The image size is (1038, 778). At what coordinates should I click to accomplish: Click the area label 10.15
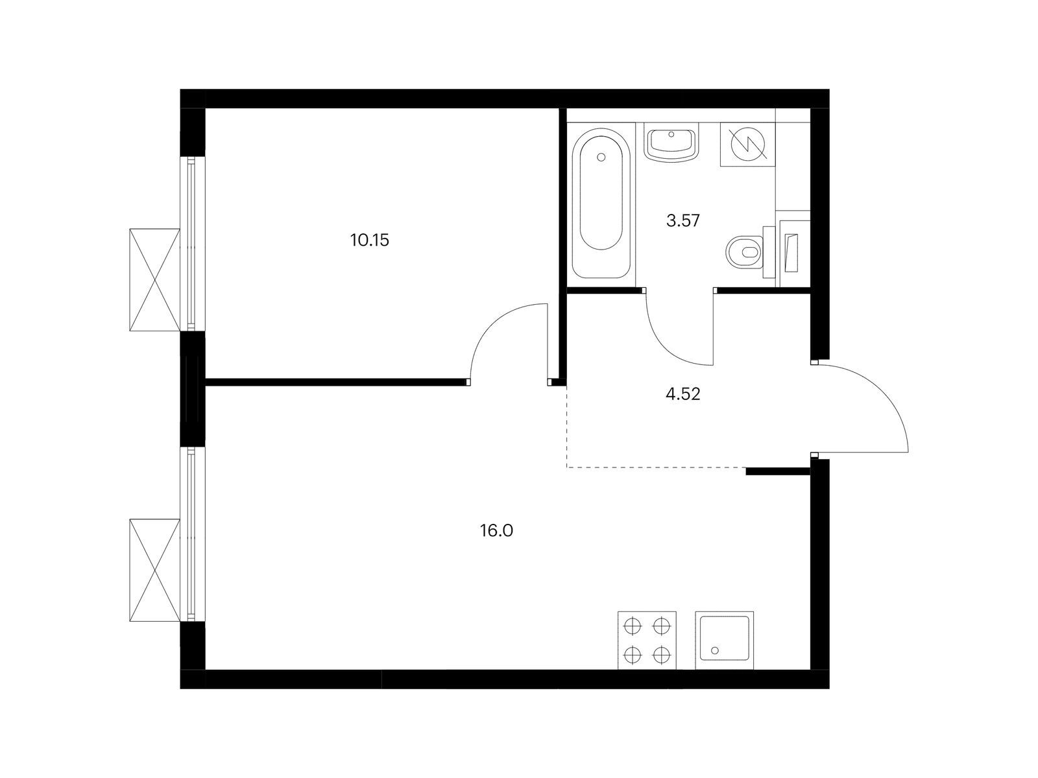tap(369, 241)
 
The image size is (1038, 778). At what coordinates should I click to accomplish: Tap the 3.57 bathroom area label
tap(683, 220)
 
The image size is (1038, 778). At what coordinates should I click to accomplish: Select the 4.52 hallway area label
tap(683, 394)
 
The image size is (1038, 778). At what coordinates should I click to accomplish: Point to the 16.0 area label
tap(496, 531)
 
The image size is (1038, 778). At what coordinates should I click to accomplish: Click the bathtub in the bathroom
tap(601, 203)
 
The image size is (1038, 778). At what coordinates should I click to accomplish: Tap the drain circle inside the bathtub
tap(601, 158)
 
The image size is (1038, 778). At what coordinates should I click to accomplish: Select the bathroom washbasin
tap(671, 142)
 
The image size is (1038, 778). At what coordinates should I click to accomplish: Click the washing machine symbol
tap(747, 144)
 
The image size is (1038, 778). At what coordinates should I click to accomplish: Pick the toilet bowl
tap(745, 252)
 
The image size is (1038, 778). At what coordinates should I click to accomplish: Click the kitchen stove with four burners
tap(647, 641)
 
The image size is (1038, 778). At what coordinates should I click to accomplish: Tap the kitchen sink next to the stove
tap(725, 641)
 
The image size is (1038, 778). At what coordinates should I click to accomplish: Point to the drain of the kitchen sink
tap(714, 650)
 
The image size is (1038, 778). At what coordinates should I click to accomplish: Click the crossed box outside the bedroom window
tap(154, 279)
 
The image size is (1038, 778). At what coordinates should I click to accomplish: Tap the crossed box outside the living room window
tap(154, 570)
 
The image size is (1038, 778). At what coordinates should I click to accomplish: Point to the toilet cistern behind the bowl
tap(769, 252)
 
